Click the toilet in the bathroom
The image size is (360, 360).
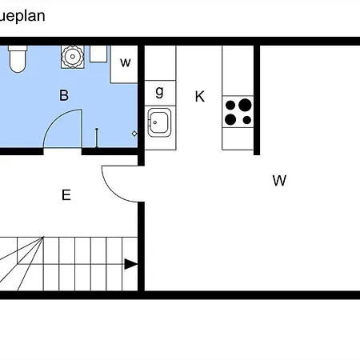[x=18, y=59]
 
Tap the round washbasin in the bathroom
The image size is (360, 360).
[x=73, y=57]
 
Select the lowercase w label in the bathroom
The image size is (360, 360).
[x=126, y=62]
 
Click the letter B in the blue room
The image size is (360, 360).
[x=64, y=95]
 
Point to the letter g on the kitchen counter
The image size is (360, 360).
[x=159, y=92]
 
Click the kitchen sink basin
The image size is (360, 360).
[x=159, y=122]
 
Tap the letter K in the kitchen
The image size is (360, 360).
[x=200, y=96]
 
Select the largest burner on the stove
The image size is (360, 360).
[x=245, y=105]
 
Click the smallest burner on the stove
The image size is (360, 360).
[x=247, y=120]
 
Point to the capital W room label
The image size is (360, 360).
[x=279, y=181]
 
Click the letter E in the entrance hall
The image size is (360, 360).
[x=66, y=195]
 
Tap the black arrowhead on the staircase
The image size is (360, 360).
[x=131, y=264]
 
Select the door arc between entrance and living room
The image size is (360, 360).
[x=112, y=191]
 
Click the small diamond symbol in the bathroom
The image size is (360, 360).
[x=134, y=134]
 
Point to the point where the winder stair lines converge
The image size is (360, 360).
[x=43, y=237]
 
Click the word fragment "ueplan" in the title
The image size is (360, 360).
[x=22, y=16]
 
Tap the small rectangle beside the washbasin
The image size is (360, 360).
[x=98, y=54]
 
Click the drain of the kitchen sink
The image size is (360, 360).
[x=155, y=122]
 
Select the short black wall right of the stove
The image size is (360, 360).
[x=257, y=100]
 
